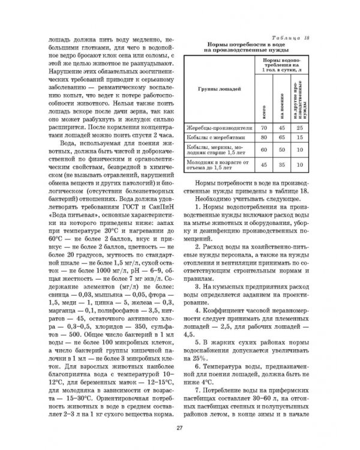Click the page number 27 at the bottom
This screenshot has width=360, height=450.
click(x=179, y=427)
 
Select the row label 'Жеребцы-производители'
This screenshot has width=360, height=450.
click(x=219, y=128)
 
